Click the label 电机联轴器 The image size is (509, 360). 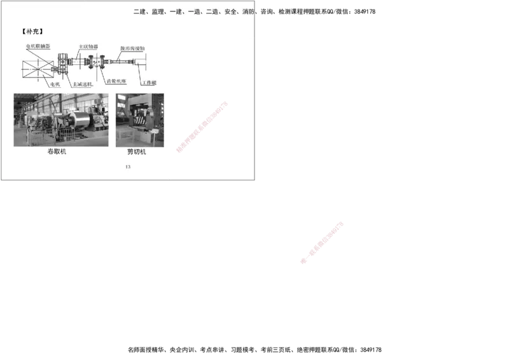tap(38, 46)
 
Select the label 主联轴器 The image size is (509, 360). tap(88, 46)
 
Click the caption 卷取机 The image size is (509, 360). tap(57, 152)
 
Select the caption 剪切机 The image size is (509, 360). tap(137, 152)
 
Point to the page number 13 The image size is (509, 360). tap(128, 167)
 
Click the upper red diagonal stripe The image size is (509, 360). tap(202, 126)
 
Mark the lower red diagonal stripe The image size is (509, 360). tap(323, 242)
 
